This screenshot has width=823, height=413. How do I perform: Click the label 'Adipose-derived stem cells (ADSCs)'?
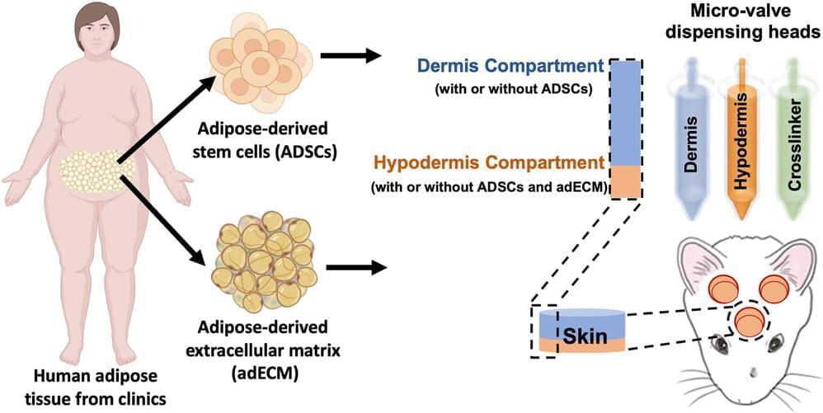pos(262,140)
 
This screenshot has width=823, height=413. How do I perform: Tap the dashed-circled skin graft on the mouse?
pos(750,321)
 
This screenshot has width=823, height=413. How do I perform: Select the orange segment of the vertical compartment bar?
pos(625,181)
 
